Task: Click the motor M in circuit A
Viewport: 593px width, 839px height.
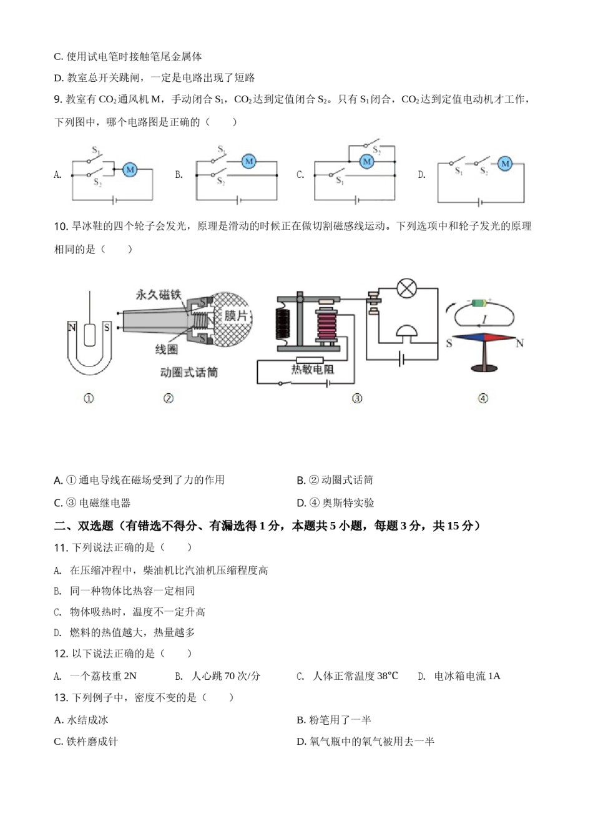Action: tap(130, 169)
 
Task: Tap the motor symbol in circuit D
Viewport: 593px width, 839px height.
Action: tap(505, 164)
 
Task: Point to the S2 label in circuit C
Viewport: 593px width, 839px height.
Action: tap(376, 150)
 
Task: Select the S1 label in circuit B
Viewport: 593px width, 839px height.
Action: tap(222, 150)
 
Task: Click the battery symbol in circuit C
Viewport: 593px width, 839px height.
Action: tap(355, 200)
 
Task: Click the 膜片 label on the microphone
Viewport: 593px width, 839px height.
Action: tap(236, 316)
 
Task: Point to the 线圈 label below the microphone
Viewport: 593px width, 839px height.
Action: tap(166, 350)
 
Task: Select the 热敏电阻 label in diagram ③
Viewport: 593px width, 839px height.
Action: tap(312, 370)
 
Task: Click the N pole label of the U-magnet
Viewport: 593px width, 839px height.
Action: tap(72, 328)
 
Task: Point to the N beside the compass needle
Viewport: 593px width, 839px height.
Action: tap(519, 343)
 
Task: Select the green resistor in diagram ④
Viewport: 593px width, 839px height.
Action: tap(479, 303)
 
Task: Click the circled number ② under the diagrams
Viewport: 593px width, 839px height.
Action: tap(168, 398)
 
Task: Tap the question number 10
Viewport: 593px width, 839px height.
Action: tap(61, 227)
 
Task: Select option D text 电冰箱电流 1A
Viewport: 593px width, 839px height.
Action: tap(467, 676)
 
